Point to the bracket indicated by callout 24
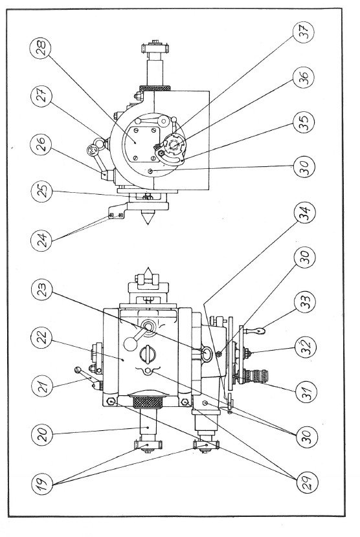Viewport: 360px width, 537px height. coord(116,213)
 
